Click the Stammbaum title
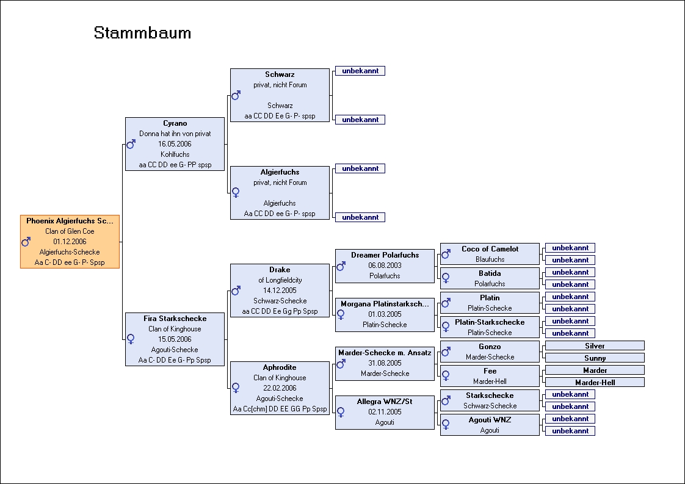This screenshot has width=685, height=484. (x=142, y=33)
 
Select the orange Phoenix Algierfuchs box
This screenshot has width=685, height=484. (x=70, y=242)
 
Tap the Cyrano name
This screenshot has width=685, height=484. (x=175, y=123)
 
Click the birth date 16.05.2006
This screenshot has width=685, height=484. (x=175, y=143)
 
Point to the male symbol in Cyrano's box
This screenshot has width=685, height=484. (x=131, y=144)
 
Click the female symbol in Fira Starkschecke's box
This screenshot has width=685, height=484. (x=131, y=339)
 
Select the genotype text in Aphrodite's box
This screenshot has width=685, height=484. (x=280, y=409)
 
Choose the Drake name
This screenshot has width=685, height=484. (x=280, y=270)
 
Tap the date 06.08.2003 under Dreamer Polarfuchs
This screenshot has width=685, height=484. (x=385, y=265)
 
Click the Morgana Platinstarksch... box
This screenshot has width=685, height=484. (x=385, y=314)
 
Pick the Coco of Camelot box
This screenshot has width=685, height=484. (x=490, y=254)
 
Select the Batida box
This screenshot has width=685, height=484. (x=490, y=278)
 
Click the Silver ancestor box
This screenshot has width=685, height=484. (x=595, y=345)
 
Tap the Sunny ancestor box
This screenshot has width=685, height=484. (x=595, y=358)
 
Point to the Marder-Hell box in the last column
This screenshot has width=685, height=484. (x=595, y=382)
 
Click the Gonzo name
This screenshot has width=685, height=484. (x=490, y=347)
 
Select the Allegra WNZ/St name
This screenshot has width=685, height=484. (x=385, y=402)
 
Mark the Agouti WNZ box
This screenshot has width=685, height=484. (x=490, y=425)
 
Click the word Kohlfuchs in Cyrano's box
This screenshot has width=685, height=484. (x=175, y=154)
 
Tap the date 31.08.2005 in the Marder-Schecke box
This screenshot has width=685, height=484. (x=385, y=363)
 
